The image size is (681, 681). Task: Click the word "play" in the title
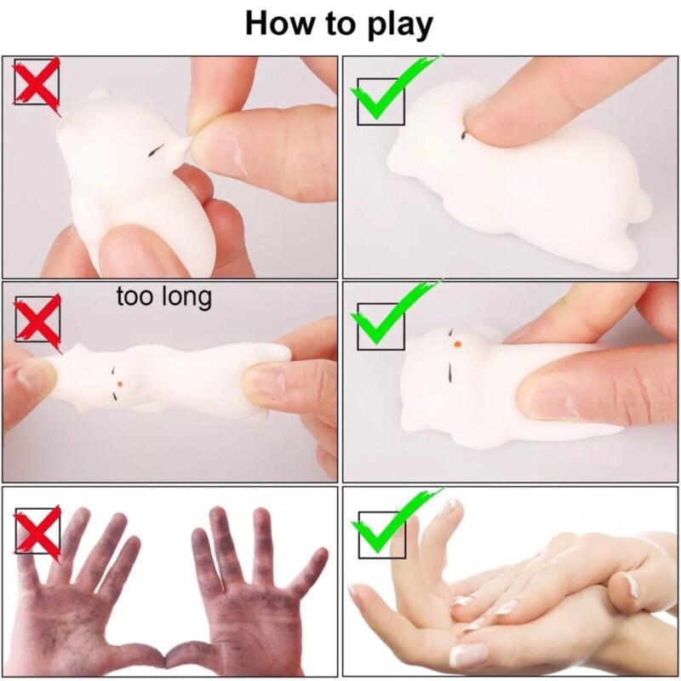[x=399, y=26]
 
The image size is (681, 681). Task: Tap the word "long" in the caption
[x=186, y=298]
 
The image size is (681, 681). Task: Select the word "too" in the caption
[x=135, y=296]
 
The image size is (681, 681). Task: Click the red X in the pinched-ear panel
[x=37, y=83]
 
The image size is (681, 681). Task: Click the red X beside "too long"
[x=37, y=321]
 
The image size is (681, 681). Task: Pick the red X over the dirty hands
[x=37, y=533]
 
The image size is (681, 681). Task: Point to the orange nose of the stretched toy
[x=120, y=385]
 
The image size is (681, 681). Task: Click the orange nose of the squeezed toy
[x=457, y=345]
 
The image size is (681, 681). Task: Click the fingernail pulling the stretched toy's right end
[x=264, y=383]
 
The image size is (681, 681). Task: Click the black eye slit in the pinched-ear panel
[x=157, y=150]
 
